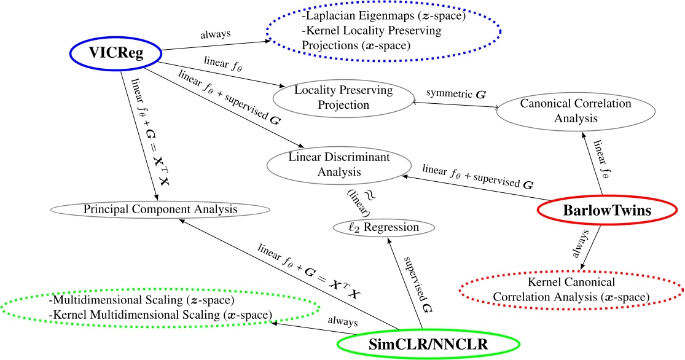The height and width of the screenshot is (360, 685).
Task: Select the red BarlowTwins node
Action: pos(607,209)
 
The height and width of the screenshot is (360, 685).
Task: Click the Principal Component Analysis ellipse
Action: pos(160,209)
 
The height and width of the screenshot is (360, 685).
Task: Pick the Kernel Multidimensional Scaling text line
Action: pos(160,315)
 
